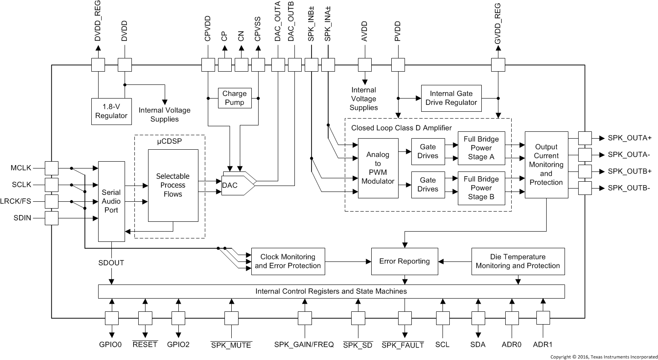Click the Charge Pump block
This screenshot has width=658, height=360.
(x=234, y=98)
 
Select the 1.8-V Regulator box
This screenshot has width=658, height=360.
(x=111, y=111)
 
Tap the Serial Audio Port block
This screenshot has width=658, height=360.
(x=111, y=201)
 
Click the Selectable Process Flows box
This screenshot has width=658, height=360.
(x=173, y=185)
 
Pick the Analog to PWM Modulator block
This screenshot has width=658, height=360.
(x=378, y=168)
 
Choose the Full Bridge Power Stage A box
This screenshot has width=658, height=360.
(x=481, y=148)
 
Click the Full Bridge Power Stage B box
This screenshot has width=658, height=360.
(x=481, y=188)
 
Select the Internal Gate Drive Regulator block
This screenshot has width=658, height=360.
(x=451, y=98)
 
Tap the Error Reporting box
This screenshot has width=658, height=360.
(x=405, y=261)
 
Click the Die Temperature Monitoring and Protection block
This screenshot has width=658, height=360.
(x=518, y=261)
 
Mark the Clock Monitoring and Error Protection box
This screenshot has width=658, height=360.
(x=288, y=261)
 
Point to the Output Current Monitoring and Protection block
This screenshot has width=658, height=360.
(x=546, y=165)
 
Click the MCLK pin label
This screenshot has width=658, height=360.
(x=21, y=168)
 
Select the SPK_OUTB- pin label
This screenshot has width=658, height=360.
(x=629, y=188)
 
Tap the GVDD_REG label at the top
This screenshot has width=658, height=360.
(x=498, y=24)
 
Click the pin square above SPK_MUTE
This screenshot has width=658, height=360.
(x=231, y=318)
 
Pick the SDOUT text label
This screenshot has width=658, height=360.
(x=111, y=263)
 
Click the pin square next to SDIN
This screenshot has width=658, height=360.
(x=52, y=218)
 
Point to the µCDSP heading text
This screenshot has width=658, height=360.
(x=169, y=141)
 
